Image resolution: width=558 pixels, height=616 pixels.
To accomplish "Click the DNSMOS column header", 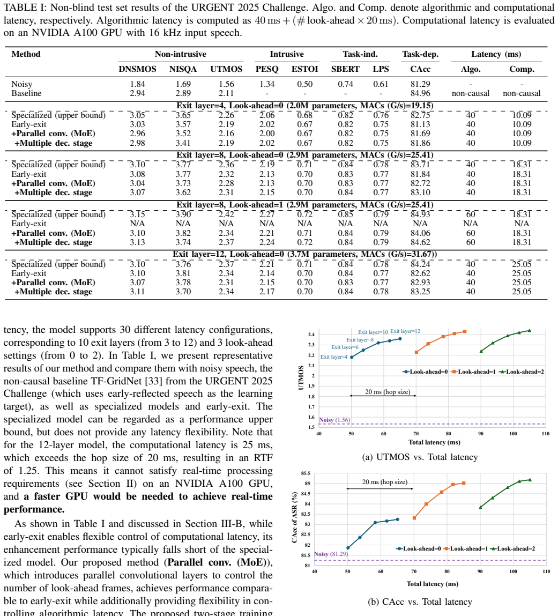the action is click(137, 69).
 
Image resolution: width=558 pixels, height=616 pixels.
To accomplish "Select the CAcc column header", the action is click(420, 69).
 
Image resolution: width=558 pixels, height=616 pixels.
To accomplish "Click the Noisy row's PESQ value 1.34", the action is click(267, 84).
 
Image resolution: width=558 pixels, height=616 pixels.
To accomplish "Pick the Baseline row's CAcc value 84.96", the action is click(420, 93).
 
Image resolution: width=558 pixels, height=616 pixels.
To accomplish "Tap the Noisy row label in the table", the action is click(22, 84).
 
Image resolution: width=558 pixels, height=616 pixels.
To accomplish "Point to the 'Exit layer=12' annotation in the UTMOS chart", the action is click(405, 331).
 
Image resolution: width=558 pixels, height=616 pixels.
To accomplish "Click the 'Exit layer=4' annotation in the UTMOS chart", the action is click(334, 357).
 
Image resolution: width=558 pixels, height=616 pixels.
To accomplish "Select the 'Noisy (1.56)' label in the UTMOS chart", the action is click(334, 420).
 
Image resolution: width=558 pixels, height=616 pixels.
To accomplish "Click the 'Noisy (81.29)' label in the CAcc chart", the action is click(331, 554).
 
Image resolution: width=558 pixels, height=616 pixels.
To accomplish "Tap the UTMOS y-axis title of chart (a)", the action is click(301, 377).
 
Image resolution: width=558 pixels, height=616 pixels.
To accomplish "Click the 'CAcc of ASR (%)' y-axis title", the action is click(294, 518).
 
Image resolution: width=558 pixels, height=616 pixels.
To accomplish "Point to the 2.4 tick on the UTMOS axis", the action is click(311, 335).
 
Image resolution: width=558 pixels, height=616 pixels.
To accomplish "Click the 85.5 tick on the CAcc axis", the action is click(306, 473).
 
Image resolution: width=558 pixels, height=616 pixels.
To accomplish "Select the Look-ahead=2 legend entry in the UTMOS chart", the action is click(522, 372).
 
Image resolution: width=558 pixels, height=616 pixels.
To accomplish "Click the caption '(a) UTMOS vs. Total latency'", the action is click(420, 457).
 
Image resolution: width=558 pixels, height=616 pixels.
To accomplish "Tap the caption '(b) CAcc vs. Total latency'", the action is click(420, 602).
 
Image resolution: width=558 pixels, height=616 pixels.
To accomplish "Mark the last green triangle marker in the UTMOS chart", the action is click(530, 331).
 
